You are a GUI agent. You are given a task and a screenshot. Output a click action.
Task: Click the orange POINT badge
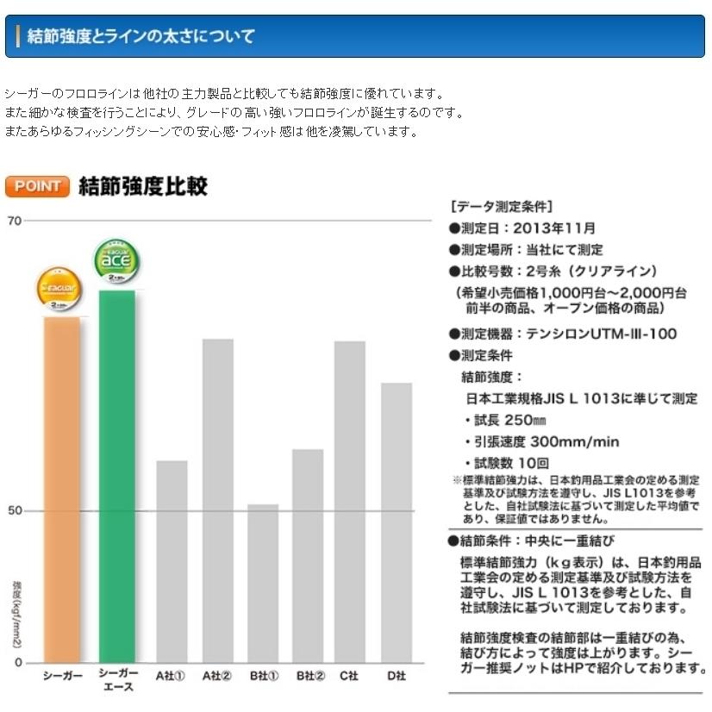tap(37, 186)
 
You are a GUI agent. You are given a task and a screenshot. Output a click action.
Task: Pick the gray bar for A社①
tap(172, 560)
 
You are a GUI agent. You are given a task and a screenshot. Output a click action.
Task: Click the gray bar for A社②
tap(217, 500)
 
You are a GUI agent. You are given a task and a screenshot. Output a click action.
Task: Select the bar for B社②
tap(308, 555)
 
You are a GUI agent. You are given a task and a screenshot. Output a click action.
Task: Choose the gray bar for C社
tap(350, 501)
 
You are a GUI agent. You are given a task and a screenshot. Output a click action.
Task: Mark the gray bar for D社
tap(396, 522)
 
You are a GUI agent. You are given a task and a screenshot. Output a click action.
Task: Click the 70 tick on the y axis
tap(14, 221)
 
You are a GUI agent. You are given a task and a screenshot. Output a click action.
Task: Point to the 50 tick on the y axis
tap(14, 511)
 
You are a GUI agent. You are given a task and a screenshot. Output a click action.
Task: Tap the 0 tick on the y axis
tap(18, 662)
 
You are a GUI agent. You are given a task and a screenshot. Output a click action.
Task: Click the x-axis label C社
tap(349, 677)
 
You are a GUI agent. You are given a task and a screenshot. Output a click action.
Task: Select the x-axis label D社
tap(396, 677)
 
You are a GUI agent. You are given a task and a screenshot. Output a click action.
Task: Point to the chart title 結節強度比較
tap(142, 186)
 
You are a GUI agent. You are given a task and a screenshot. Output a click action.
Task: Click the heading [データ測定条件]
tap(502, 207)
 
